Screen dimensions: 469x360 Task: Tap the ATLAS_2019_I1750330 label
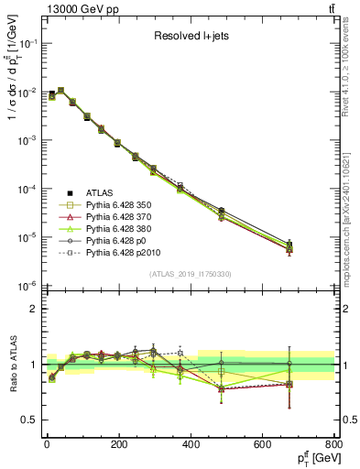click(191, 274)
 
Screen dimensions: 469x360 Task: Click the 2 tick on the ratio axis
click(34, 309)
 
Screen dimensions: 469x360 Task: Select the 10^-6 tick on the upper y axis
click(26, 286)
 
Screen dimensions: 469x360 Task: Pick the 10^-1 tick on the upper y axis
click(26, 43)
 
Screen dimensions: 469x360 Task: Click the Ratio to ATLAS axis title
click(11, 366)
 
